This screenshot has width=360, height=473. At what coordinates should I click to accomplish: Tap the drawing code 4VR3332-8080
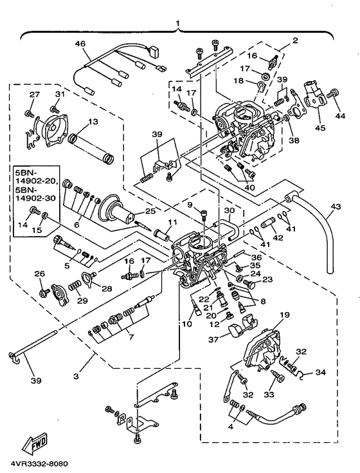click(x=39, y=463)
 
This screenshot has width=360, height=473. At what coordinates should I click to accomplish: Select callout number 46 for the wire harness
click(x=80, y=44)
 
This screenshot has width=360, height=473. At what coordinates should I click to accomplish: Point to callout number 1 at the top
click(x=178, y=24)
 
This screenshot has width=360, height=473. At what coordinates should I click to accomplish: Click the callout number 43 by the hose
click(x=335, y=207)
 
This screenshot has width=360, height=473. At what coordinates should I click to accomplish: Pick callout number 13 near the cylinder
click(x=93, y=122)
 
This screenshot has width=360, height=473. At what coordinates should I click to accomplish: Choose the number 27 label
click(x=34, y=95)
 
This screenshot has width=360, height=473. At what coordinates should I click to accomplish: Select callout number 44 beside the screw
click(x=340, y=115)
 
